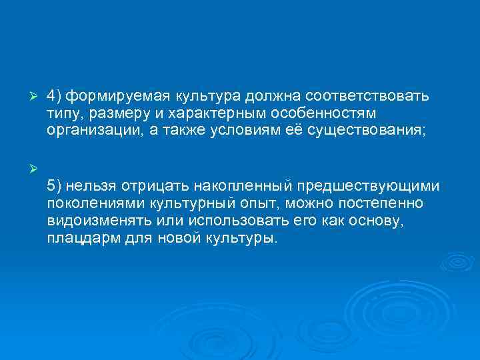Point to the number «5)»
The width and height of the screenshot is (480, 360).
point(55,183)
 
